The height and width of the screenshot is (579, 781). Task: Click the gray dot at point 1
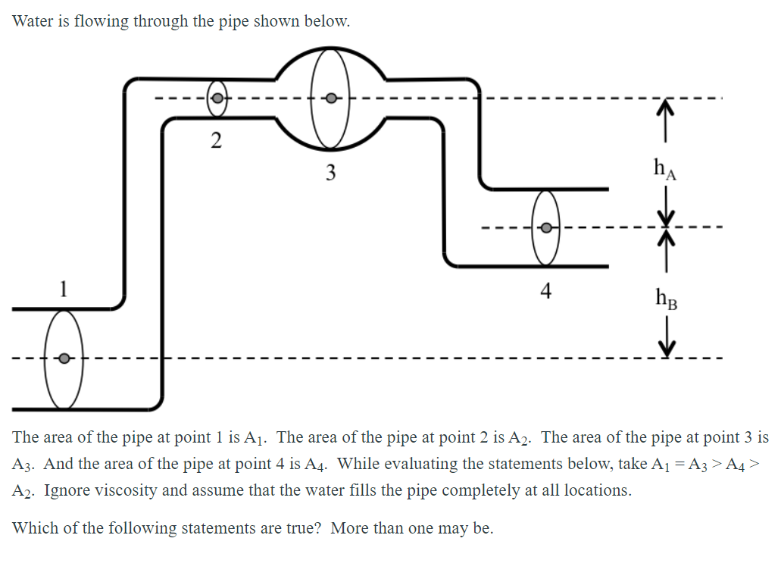[65, 358]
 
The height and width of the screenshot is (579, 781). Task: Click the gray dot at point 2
[217, 99]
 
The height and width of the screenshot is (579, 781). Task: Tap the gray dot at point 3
[330, 98]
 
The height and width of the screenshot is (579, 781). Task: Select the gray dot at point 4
[545, 227]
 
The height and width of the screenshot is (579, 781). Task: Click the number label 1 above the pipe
[64, 289]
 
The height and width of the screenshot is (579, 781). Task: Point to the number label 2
[217, 140]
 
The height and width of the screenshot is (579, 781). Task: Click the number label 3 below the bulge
[330, 173]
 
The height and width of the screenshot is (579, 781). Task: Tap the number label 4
[546, 290]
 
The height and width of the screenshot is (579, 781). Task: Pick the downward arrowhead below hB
[665, 348]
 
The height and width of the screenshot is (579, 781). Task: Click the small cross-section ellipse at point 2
[217, 85]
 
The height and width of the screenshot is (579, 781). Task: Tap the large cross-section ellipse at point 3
[330, 68]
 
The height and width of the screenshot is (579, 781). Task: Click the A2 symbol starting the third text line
[24, 490]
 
